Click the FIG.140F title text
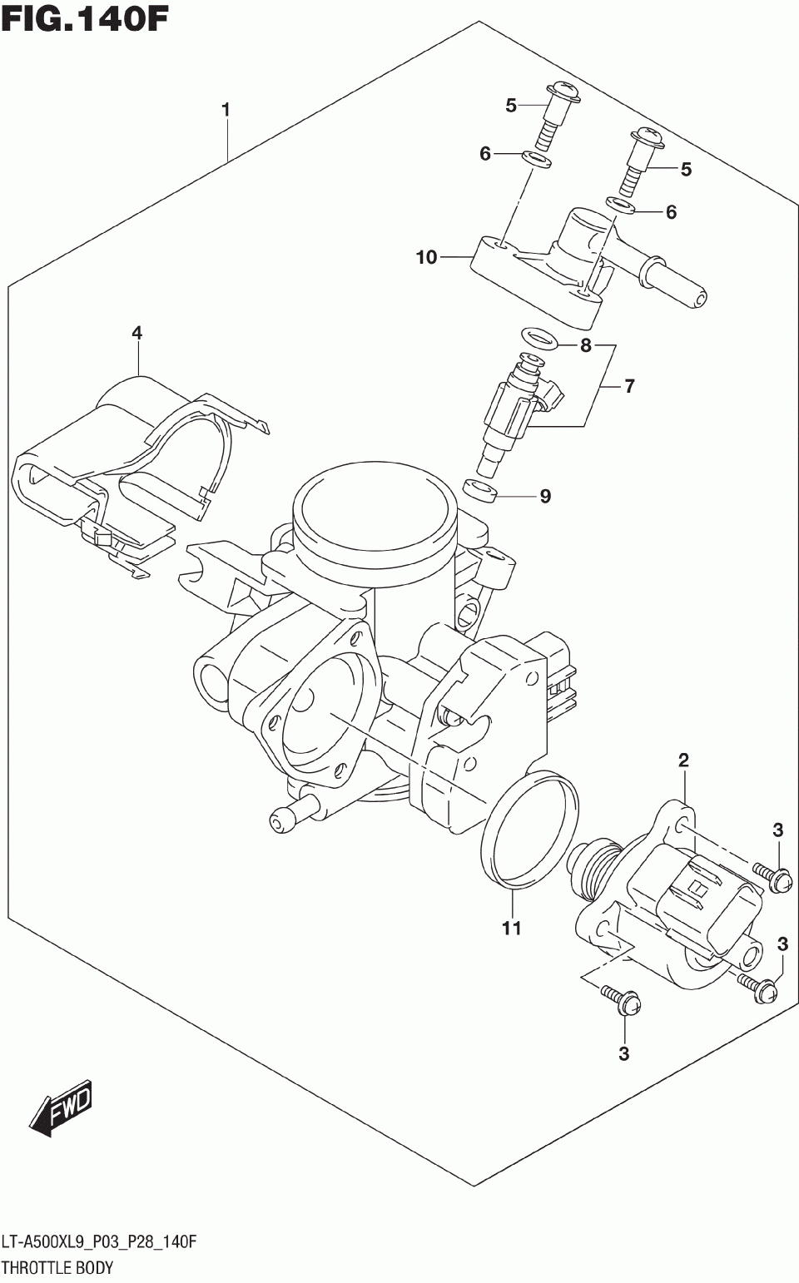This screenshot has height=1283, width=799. (85, 18)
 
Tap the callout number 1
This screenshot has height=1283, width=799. (225, 110)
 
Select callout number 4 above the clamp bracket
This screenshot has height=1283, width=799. (136, 334)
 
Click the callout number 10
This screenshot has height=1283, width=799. (426, 258)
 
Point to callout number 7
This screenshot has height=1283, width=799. (629, 386)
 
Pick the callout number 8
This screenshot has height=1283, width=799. (586, 345)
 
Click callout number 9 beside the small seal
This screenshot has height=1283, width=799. (545, 497)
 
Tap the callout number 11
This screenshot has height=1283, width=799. (511, 928)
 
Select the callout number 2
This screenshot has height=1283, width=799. (683, 760)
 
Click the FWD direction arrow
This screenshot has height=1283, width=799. (62, 1109)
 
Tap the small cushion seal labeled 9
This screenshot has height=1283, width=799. (479, 491)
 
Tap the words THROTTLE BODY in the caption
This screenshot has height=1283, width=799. (57, 1269)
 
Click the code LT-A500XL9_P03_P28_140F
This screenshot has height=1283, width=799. (99, 1243)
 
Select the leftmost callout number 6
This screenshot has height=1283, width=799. (485, 154)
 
